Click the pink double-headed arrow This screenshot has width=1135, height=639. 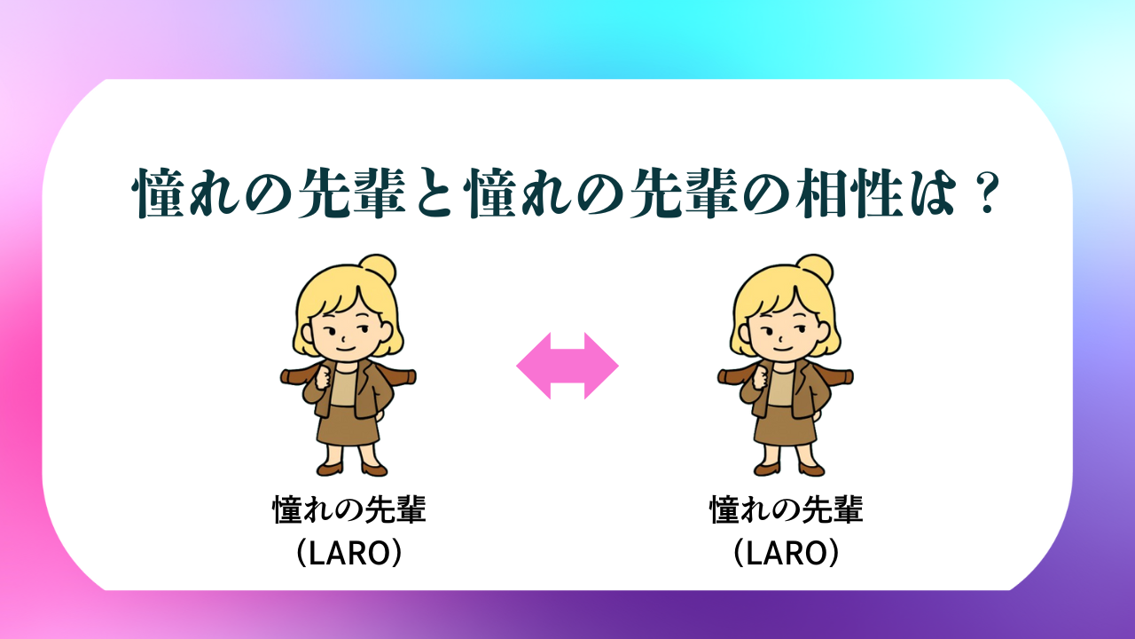point(567,366)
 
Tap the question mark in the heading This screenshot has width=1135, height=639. point(985,193)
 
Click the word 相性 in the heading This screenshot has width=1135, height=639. point(849,193)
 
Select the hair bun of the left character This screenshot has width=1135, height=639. point(378,269)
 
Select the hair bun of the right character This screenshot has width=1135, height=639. point(814,269)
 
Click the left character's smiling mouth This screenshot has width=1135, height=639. point(346,349)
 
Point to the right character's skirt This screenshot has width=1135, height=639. point(785,425)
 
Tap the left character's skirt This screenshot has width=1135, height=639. point(348,425)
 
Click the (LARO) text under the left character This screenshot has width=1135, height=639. point(349,552)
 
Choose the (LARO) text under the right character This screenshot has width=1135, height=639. point(787,552)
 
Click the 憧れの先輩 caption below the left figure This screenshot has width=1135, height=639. point(349,509)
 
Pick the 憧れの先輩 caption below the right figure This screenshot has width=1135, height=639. point(787,509)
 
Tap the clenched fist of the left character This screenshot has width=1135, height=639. point(323,378)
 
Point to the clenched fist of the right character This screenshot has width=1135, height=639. point(760,378)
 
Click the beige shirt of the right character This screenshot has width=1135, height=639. point(780,388)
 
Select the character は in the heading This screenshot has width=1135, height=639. point(935,193)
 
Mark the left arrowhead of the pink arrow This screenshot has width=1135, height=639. point(533,366)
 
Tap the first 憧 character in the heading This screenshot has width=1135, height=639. point(158,193)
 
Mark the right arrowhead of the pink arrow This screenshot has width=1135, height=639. point(602,366)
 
